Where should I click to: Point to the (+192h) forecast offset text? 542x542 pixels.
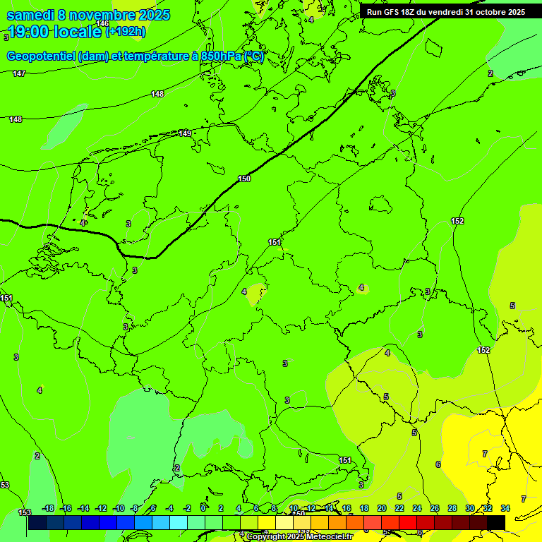click(126, 32)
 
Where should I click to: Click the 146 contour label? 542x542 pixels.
click(102, 24)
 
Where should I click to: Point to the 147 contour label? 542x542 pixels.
click(19, 73)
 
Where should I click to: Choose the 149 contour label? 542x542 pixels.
click(185, 133)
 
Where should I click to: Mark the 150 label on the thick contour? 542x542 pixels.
click(244, 179)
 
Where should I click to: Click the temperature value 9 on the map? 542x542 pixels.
click(393, 93)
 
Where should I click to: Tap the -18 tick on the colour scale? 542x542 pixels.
click(48, 508)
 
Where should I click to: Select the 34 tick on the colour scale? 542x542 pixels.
click(505, 508)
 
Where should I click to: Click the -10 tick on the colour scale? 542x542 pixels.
click(118, 508)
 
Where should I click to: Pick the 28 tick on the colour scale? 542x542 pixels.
click(452, 508)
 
